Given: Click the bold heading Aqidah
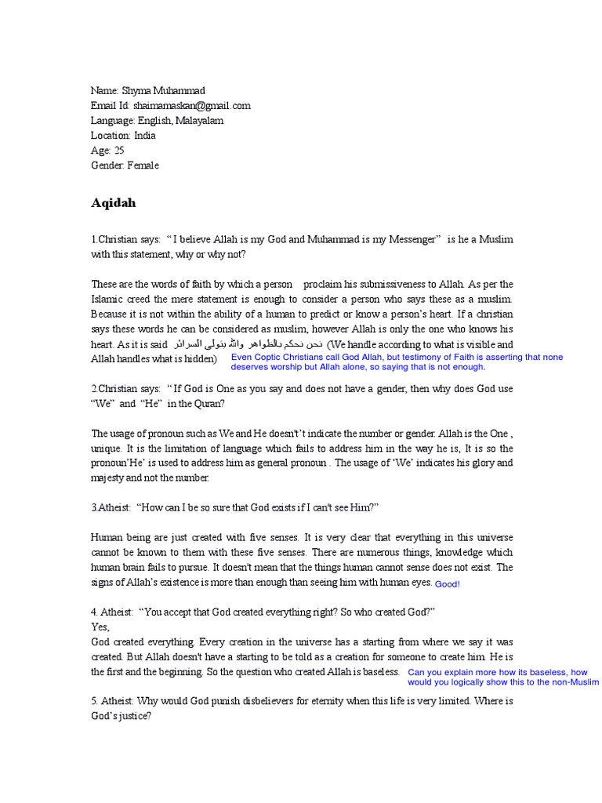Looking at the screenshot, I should point(113,203).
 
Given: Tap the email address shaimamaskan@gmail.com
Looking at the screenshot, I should point(192,106).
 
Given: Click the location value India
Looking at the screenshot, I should point(144,136).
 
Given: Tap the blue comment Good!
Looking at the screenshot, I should point(448,584).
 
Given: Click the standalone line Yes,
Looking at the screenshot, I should point(100,627).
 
